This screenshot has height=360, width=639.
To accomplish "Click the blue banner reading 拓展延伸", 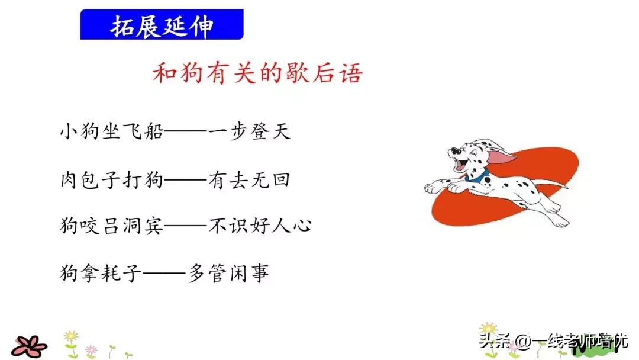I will [x=162, y=25].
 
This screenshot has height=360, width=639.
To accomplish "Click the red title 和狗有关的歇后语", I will [x=257, y=74].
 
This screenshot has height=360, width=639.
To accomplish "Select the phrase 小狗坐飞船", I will [x=111, y=131].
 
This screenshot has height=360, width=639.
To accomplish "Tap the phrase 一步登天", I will [x=250, y=131].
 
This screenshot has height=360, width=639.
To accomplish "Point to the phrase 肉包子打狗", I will [x=111, y=178].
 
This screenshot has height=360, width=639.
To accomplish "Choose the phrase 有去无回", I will [x=250, y=178].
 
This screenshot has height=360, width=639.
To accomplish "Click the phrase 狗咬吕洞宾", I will [x=111, y=226].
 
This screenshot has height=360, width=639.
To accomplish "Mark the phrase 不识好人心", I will [x=260, y=226].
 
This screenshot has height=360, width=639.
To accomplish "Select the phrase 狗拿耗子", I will [x=101, y=273].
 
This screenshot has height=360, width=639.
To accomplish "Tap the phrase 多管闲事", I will [x=229, y=273].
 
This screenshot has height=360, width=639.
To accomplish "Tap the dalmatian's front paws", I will [x=441, y=187].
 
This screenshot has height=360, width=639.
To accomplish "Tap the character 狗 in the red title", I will [x=196, y=74].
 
